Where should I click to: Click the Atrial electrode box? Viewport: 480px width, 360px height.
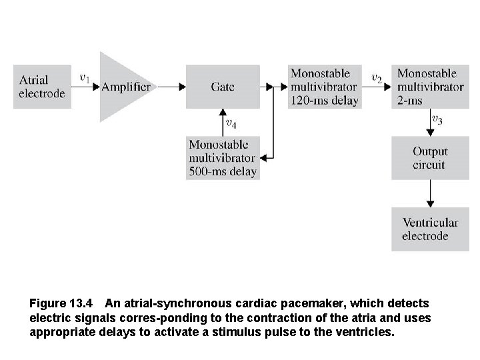pos(42,87)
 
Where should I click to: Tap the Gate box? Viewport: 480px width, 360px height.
pos(222,87)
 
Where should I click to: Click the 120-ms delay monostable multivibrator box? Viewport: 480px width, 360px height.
pos(324,87)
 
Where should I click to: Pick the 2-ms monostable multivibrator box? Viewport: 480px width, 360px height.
pos(430,87)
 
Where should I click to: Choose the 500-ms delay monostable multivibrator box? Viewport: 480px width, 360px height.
pos(222,158)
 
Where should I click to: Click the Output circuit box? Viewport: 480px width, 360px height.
pos(430,158)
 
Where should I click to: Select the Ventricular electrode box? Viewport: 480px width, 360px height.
pos(430,229)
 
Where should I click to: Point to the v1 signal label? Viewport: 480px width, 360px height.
pos(85,77)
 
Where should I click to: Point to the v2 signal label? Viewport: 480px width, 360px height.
pos(377,78)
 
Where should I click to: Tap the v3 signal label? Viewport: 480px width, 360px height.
pos(437,120)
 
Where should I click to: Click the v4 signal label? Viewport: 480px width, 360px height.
pos(231,123)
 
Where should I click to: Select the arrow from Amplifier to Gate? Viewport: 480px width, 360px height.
pos(171,87)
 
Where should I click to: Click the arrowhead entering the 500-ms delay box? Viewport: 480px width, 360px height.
pos(263,158)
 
